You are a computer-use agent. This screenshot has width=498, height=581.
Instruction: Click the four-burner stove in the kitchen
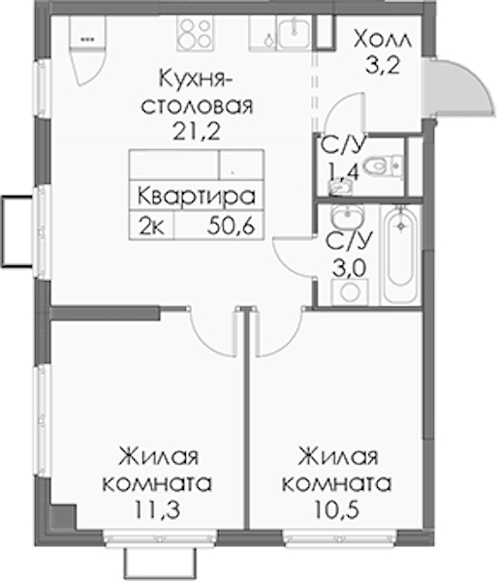[x=196, y=33]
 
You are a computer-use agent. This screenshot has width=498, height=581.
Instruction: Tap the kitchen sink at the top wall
[x=295, y=33]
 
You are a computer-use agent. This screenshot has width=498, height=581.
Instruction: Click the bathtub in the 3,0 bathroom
[x=400, y=255]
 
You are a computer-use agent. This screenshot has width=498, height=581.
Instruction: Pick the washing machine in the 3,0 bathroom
[x=350, y=292]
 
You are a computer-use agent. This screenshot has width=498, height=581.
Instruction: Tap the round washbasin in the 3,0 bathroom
[x=348, y=216]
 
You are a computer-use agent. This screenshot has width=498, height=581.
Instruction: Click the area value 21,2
[x=197, y=131]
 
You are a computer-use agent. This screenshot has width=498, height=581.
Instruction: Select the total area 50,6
[x=232, y=226]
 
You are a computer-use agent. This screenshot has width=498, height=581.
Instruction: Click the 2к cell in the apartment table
[x=151, y=226]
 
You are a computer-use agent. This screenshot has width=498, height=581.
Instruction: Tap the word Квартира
[x=197, y=197]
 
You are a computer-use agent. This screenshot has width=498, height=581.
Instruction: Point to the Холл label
[x=383, y=40]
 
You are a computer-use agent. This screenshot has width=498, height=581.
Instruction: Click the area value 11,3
[x=157, y=509]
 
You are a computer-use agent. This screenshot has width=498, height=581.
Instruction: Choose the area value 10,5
[x=337, y=510]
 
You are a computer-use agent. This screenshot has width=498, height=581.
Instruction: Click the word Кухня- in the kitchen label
[x=193, y=79]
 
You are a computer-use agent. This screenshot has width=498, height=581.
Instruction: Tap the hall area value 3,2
[x=383, y=66]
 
